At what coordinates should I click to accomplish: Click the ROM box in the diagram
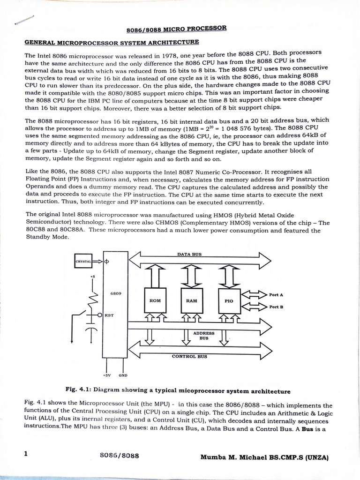tap(155, 300)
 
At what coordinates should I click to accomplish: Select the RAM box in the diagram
tap(191, 300)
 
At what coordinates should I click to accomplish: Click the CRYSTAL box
tap(83, 262)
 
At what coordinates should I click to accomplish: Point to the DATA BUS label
tap(189, 254)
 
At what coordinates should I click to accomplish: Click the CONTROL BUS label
tap(189, 356)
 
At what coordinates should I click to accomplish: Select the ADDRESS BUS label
tap(203, 335)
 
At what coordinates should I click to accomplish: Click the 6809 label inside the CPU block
tap(116, 293)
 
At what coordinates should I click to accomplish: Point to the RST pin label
tap(108, 315)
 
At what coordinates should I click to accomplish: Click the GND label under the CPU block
tap(123, 375)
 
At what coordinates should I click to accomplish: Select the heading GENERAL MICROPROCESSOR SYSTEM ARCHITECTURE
tap(112, 43)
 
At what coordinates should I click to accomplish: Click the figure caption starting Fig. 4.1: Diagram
tap(179, 391)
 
